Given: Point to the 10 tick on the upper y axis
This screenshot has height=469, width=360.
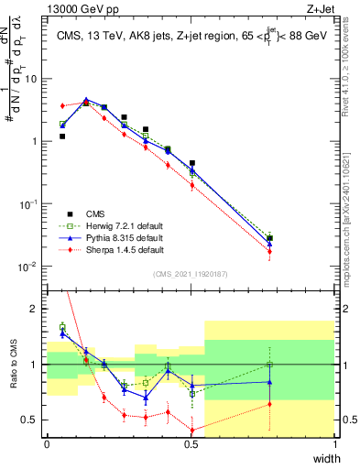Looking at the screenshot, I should click(32, 79).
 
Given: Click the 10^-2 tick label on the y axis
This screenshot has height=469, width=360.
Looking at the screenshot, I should click(30, 267).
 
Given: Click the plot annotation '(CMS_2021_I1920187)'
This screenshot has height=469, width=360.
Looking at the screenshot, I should click(191, 274).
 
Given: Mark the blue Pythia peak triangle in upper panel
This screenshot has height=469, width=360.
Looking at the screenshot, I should click(86, 100).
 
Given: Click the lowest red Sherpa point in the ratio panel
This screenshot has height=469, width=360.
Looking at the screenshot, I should click(191, 430).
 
